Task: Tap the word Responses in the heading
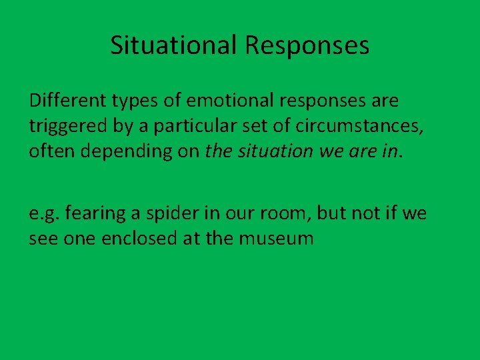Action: (x=307, y=46)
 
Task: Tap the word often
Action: (x=50, y=151)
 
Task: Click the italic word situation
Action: (x=273, y=151)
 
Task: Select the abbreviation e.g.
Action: (x=44, y=214)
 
